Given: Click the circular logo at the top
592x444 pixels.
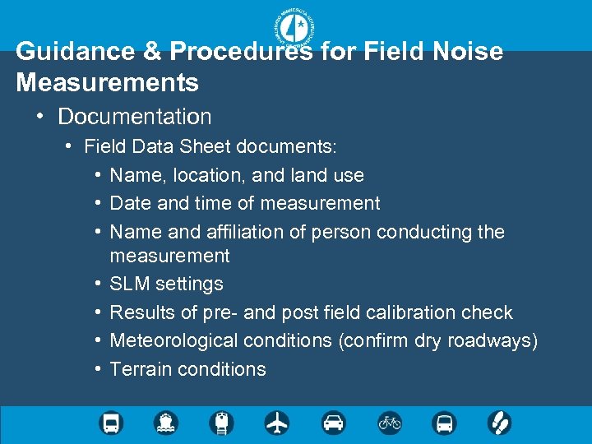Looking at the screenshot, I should pyautogui.click(x=296, y=30).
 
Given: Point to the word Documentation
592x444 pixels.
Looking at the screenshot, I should pyautogui.click(x=135, y=117).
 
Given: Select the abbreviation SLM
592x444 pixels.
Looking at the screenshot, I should pyautogui.click(x=130, y=284).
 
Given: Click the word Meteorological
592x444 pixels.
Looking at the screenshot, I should pyautogui.click(x=167, y=340).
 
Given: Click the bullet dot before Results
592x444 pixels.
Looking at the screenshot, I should pyautogui.click(x=98, y=312).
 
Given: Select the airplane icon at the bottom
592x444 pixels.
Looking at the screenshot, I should pyautogui.click(x=277, y=423).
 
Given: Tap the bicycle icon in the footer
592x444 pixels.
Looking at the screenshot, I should pyautogui.click(x=389, y=423).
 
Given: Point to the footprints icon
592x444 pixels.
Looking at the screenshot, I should pyautogui.click(x=499, y=423).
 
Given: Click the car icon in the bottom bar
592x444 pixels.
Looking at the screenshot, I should pyautogui.click(x=333, y=423).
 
